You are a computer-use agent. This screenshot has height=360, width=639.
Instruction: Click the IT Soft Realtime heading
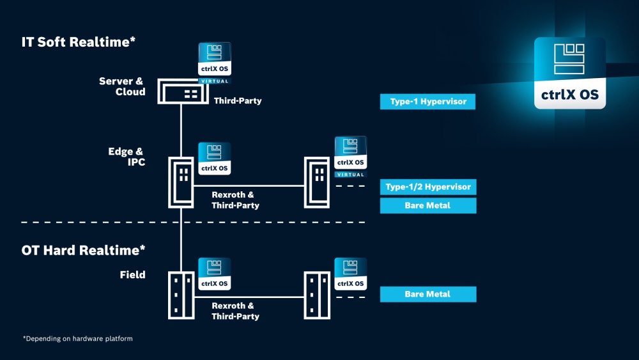(x=79, y=42)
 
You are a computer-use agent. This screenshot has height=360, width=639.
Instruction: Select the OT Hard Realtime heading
(x=84, y=250)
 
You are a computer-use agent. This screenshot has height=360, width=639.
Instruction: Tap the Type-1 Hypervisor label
(x=427, y=102)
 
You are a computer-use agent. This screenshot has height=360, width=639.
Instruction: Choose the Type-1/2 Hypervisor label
(x=427, y=187)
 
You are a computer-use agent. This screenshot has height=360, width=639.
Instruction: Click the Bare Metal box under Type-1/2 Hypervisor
(x=427, y=205)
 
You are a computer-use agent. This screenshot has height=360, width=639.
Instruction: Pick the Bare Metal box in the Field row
(x=427, y=294)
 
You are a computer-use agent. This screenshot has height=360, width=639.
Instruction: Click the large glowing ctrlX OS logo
(x=569, y=73)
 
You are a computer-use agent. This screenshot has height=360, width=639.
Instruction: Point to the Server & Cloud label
(x=123, y=86)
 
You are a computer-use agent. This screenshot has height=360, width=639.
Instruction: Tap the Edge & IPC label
(x=127, y=157)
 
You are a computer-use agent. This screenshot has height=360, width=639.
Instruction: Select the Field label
(x=132, y=275)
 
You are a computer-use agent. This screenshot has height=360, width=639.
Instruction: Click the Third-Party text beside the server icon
(x=238, y=101)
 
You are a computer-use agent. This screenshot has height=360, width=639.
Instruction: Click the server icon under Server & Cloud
(x=181, y=92)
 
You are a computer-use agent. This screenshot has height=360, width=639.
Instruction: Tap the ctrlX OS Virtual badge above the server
(x=215, y=63)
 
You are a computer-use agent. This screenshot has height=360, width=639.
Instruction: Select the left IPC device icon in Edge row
(x=181, y=182)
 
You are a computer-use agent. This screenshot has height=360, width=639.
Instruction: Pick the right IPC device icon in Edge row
(x=317, y=182)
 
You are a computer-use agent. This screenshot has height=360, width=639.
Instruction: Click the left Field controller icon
(x=181, y=295)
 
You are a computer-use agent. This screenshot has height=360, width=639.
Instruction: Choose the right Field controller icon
(x=317, y=295)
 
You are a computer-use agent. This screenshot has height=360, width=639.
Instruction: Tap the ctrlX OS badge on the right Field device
(x=351, y=274)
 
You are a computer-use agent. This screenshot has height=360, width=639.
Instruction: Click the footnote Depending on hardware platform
(x=77, y=338)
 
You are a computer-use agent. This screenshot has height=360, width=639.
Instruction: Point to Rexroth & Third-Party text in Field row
(x=235, y=311)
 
